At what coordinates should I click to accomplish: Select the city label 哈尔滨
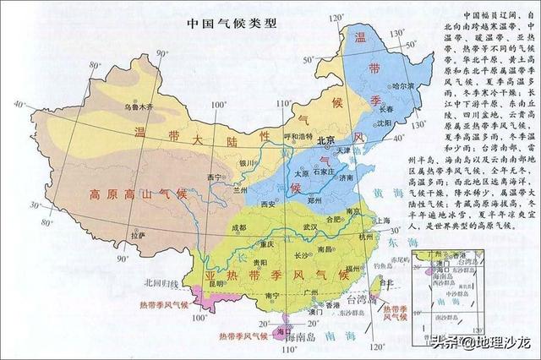pos(405,87)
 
